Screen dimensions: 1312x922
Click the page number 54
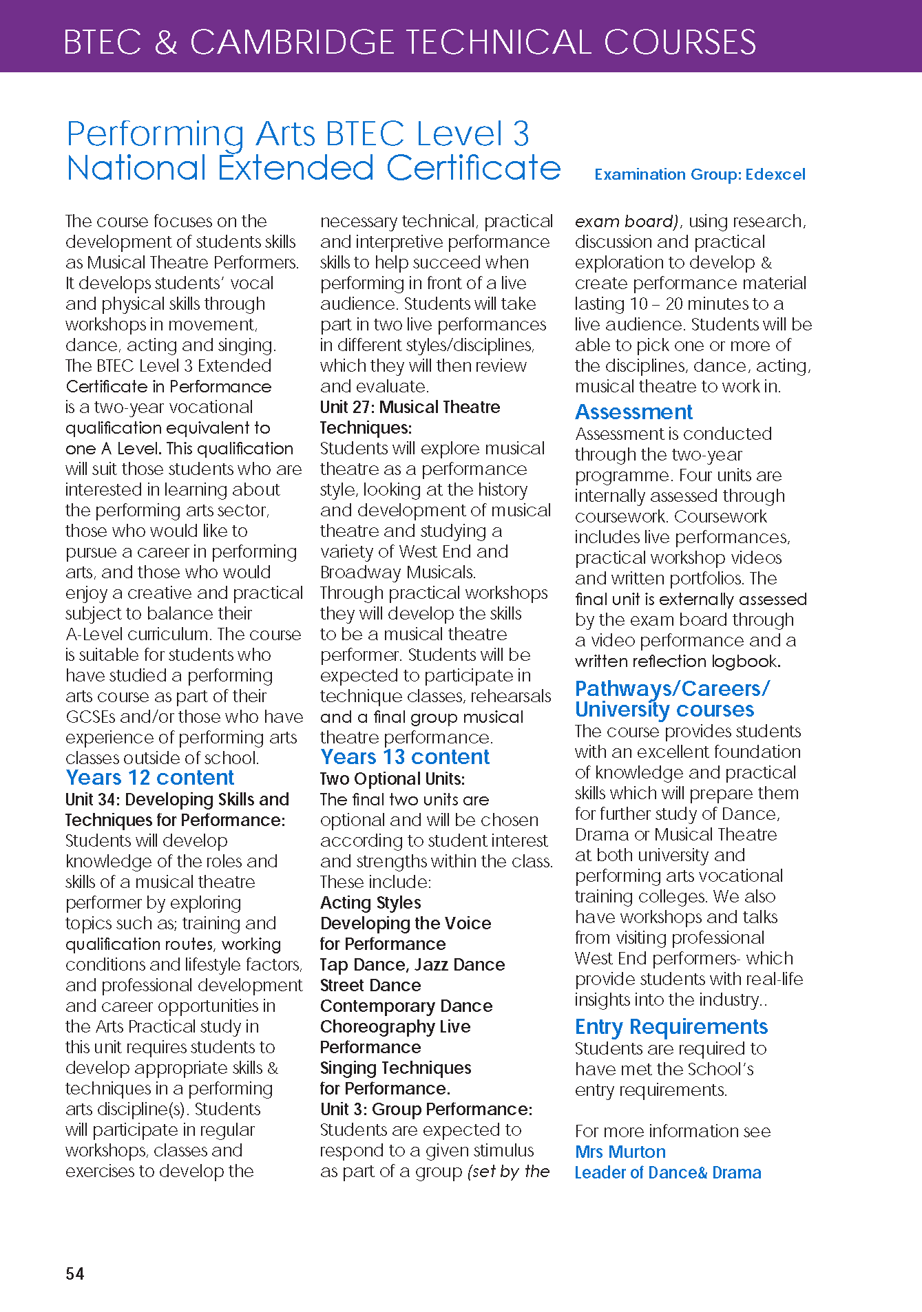[x=74, y=1273]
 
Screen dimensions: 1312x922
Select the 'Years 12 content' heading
[x=149, y=778]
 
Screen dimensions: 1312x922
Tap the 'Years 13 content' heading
[x=404, y=757]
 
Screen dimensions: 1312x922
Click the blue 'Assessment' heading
[x=633, y=412]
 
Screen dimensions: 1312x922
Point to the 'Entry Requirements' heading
[x=671, y=1026]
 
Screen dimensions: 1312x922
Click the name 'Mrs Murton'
[x=620, y=1152]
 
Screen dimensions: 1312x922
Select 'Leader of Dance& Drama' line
[x=667, y=1172]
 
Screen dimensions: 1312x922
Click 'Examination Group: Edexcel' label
[x=700, y=174]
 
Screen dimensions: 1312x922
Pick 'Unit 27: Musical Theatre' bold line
[x=410, y=407]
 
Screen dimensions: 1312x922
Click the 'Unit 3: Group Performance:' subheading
[x=426, y=1109]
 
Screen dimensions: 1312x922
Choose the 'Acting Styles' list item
[x=370, y=902]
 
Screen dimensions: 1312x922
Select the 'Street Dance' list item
[x=370, y=985]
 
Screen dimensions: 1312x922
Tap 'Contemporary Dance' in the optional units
[x=406, y=1006]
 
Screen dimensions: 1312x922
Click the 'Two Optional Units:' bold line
[x=392, y=779]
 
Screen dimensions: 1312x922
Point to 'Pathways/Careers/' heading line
[x=672, y=688]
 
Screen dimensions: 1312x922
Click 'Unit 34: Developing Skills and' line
[x=177, y=799]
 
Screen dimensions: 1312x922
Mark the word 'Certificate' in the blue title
[x=473, y=168]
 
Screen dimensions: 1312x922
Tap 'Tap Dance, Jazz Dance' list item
[x=412, y=964]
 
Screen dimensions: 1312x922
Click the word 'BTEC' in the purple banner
[x=103, y=42]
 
